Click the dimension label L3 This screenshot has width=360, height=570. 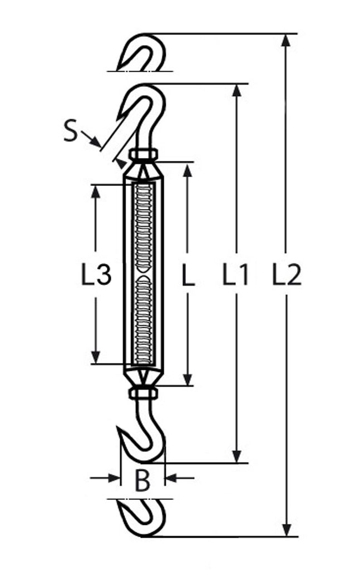tap(96, 274)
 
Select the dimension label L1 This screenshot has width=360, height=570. tap(236, 274)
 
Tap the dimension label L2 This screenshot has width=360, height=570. tap(287, 274)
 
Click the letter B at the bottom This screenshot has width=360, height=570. tap(142, 480)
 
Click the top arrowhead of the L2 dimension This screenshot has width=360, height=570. tap(287, 40)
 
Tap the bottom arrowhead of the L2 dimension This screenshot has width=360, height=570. tap(287, 530)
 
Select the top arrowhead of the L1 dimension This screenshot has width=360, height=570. tap(236, 90)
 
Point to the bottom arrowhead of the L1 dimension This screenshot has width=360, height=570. tap(236, 456)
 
